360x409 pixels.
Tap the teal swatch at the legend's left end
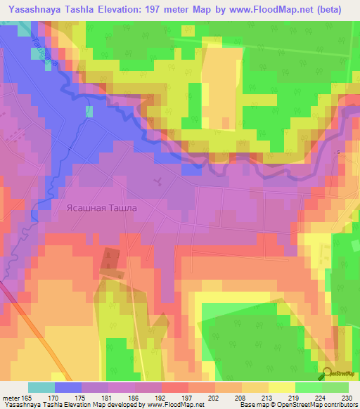pos(41,387)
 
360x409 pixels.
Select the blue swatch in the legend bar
pos(68,387)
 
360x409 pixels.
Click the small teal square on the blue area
pos(89,111)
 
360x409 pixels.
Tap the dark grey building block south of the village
pos(109,258)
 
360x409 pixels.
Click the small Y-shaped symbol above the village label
pos(159,182)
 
